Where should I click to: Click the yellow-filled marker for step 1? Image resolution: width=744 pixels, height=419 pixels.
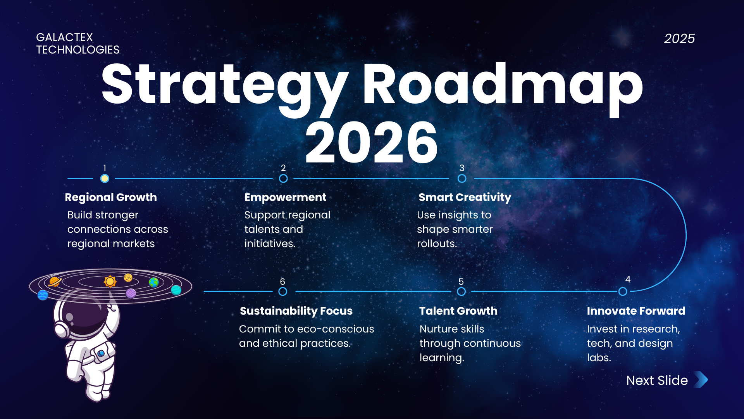point(105,178)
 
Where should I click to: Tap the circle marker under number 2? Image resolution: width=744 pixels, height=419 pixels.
point(283,178)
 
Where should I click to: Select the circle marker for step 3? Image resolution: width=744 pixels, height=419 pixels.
point(462,178)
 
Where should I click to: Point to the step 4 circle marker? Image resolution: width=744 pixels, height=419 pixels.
point(623,291)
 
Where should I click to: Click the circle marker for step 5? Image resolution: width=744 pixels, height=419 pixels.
point(461,291)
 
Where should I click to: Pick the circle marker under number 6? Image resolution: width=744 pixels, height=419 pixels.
point(283,291)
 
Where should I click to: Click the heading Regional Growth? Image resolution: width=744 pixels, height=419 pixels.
point(111,197)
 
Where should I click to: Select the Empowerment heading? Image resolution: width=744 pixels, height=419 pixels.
point(286,197)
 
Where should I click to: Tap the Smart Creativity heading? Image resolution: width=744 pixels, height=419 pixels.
point(465,197)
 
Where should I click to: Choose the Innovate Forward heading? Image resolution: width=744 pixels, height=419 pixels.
point(636,311)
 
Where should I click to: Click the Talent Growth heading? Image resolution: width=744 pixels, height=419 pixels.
point(458,311)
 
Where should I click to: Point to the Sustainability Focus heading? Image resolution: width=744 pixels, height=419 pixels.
point(296,311)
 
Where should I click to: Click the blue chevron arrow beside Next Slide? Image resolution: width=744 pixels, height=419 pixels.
point(701,380)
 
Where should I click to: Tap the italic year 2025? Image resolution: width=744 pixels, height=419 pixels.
point(680,38)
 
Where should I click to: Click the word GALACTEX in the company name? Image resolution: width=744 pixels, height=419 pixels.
point(64,37)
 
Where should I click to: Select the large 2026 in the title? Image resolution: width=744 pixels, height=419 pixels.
point(372,142)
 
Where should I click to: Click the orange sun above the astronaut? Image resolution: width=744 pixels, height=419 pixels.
point(110,281)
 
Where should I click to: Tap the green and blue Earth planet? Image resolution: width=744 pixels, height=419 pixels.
point(154,282)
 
